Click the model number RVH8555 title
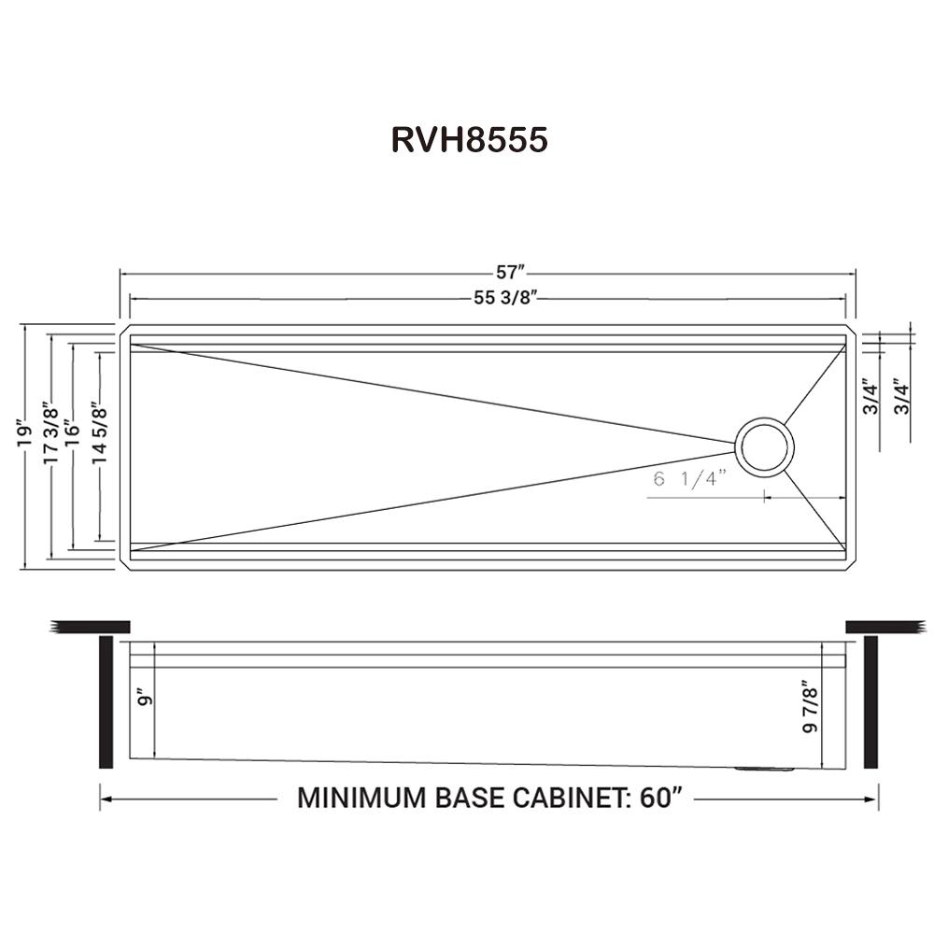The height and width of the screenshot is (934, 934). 469,139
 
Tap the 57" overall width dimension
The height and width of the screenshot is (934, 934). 510,273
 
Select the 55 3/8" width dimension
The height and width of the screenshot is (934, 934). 510,299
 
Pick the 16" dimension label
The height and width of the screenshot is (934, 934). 73,432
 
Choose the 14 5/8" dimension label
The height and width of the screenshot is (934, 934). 98,432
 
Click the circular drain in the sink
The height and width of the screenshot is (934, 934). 766,446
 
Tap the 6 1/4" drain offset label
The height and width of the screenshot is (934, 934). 690,480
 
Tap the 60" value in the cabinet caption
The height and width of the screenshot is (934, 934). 658,800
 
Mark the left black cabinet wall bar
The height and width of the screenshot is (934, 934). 106,701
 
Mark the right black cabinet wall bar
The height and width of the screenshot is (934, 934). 870,701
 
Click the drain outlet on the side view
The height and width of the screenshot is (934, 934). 765,769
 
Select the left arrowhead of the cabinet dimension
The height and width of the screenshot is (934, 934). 105,800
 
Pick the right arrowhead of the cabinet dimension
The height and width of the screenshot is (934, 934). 872,800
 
